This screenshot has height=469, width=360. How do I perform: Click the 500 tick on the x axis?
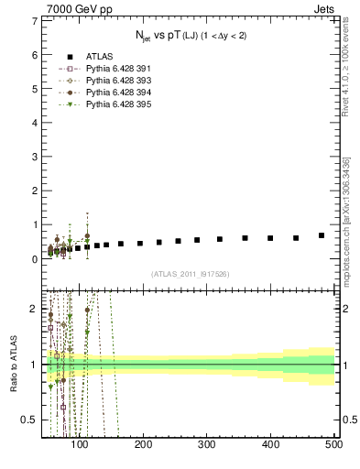[x=333, y=444]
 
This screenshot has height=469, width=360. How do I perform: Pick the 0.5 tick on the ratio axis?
[x=31, y=420]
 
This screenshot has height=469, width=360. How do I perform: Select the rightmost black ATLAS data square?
[x=322, y=235]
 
